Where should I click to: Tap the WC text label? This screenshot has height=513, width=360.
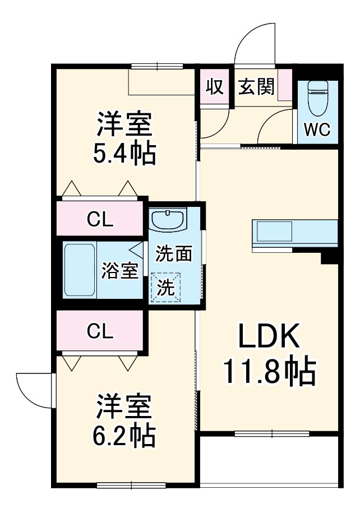317,130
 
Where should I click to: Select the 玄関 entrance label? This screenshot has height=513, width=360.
257,87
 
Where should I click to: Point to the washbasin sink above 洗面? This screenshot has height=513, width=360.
168,220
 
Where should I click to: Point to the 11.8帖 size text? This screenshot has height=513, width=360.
270,372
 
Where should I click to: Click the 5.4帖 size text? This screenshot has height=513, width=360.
124,154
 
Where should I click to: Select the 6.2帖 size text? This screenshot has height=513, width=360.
124,435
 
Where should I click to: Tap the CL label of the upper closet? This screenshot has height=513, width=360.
100,220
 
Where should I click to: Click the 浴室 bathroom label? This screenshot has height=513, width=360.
119,271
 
